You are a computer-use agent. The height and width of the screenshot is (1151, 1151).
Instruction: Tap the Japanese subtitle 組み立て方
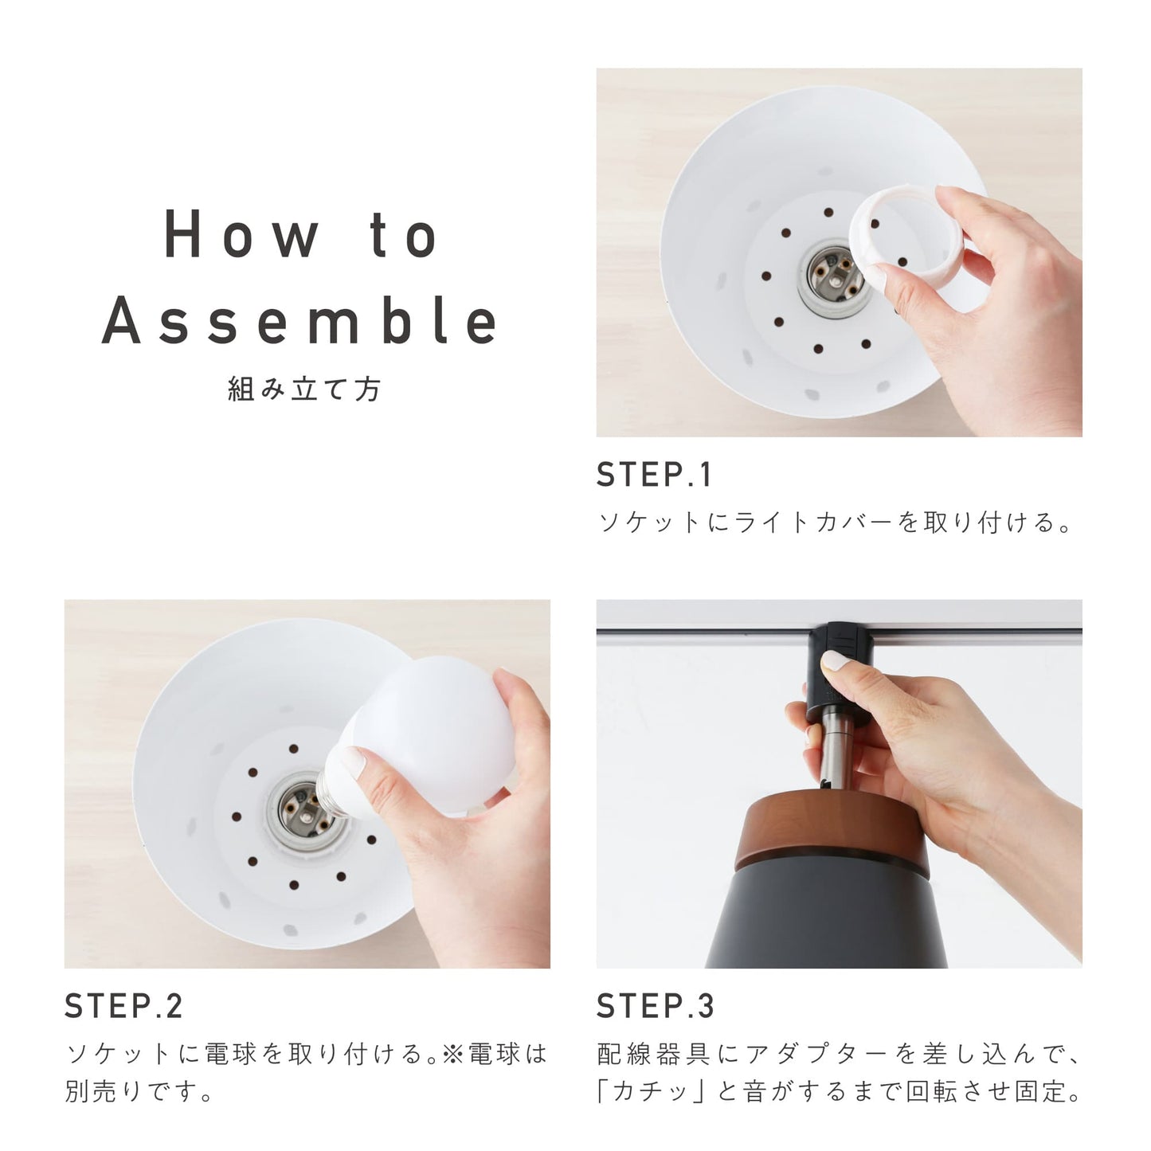pos(304,390)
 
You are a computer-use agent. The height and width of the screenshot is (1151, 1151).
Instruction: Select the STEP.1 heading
pos(653,475)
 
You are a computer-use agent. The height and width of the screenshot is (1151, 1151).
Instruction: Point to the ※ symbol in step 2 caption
pos(455,1055)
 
